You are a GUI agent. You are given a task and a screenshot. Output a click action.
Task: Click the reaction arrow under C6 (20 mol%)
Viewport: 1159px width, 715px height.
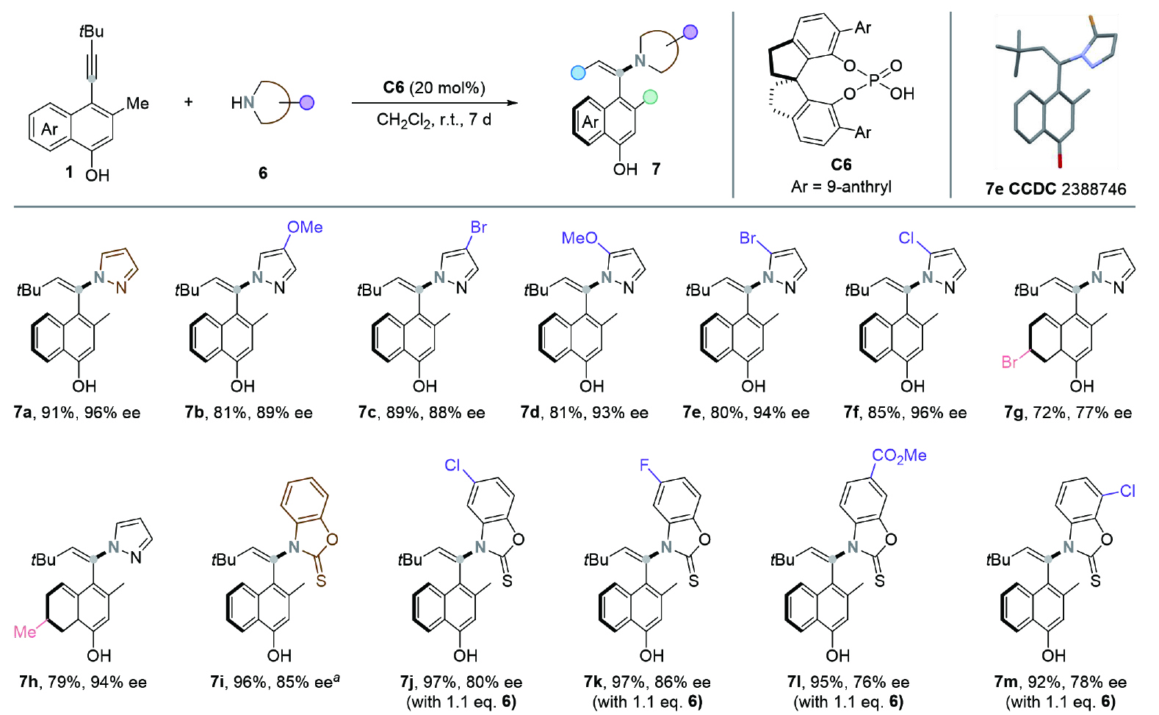point(435,104)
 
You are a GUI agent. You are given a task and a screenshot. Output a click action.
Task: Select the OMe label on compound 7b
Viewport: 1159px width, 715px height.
point(305,228)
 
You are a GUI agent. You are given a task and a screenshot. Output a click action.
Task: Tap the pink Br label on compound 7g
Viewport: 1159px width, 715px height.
point(1011,362)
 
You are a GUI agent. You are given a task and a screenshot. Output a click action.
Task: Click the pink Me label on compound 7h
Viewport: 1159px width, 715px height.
point(25,632)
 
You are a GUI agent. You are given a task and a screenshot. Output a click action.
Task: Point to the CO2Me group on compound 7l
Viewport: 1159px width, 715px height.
point(899,456)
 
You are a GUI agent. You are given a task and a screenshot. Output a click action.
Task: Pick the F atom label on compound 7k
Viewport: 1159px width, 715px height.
point(644,466)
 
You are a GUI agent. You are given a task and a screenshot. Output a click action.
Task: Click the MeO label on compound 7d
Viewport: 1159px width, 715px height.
point(579,238)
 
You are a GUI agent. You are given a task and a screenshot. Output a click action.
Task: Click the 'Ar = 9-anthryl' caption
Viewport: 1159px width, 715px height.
point(841,187)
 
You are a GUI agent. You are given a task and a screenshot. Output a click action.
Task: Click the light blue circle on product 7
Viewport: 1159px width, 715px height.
point(578,72)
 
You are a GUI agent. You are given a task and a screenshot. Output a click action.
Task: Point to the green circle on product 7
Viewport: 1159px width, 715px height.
point(650,96)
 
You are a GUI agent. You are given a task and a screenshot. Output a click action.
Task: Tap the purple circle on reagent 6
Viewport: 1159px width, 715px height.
point(307,102)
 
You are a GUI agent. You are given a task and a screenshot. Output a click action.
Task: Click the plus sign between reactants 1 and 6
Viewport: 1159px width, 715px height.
point(189,101)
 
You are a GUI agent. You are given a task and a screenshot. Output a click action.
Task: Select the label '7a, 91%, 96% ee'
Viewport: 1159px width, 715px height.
point(77,413)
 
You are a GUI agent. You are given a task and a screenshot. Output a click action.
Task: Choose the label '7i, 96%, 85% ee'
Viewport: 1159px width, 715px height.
point(271,683)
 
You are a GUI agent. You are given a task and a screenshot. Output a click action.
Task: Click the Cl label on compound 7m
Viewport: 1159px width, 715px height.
point(1128,491)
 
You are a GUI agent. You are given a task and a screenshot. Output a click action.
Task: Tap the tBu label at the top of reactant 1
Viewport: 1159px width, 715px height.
point(92,32)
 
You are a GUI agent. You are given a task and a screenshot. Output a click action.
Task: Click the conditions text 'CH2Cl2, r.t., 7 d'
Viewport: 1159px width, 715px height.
point(434,119)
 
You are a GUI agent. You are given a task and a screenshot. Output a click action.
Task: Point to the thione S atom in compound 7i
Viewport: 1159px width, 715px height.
point(321,581)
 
